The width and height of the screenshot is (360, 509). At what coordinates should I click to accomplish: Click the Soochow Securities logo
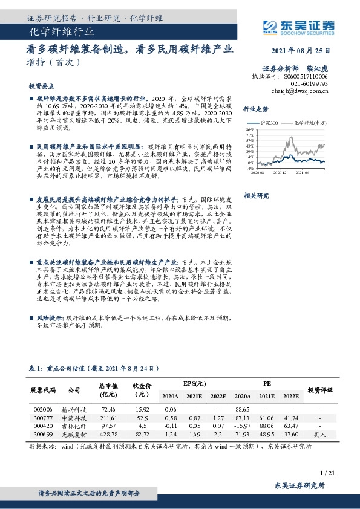click(x=301, y=25)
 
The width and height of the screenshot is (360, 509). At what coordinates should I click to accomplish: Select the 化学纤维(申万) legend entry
click(x=307, y=123)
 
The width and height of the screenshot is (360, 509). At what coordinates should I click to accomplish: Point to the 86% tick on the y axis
click(x=250, y=129)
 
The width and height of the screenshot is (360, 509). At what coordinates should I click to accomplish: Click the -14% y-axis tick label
click(x=249, y=169)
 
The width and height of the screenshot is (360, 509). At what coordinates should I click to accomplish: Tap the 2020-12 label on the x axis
click(x=278, y=172)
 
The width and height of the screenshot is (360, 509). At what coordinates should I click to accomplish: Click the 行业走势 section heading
click(x=255, y=109)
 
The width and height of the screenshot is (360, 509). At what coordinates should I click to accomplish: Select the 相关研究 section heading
click(x=255, y=196)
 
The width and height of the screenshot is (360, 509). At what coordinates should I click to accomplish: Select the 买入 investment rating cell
click(x=321, y=435)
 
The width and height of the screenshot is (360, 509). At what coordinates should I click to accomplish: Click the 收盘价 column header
click(x=142, y=389)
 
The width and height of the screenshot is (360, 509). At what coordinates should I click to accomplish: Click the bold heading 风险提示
click(x=50, y=317)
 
